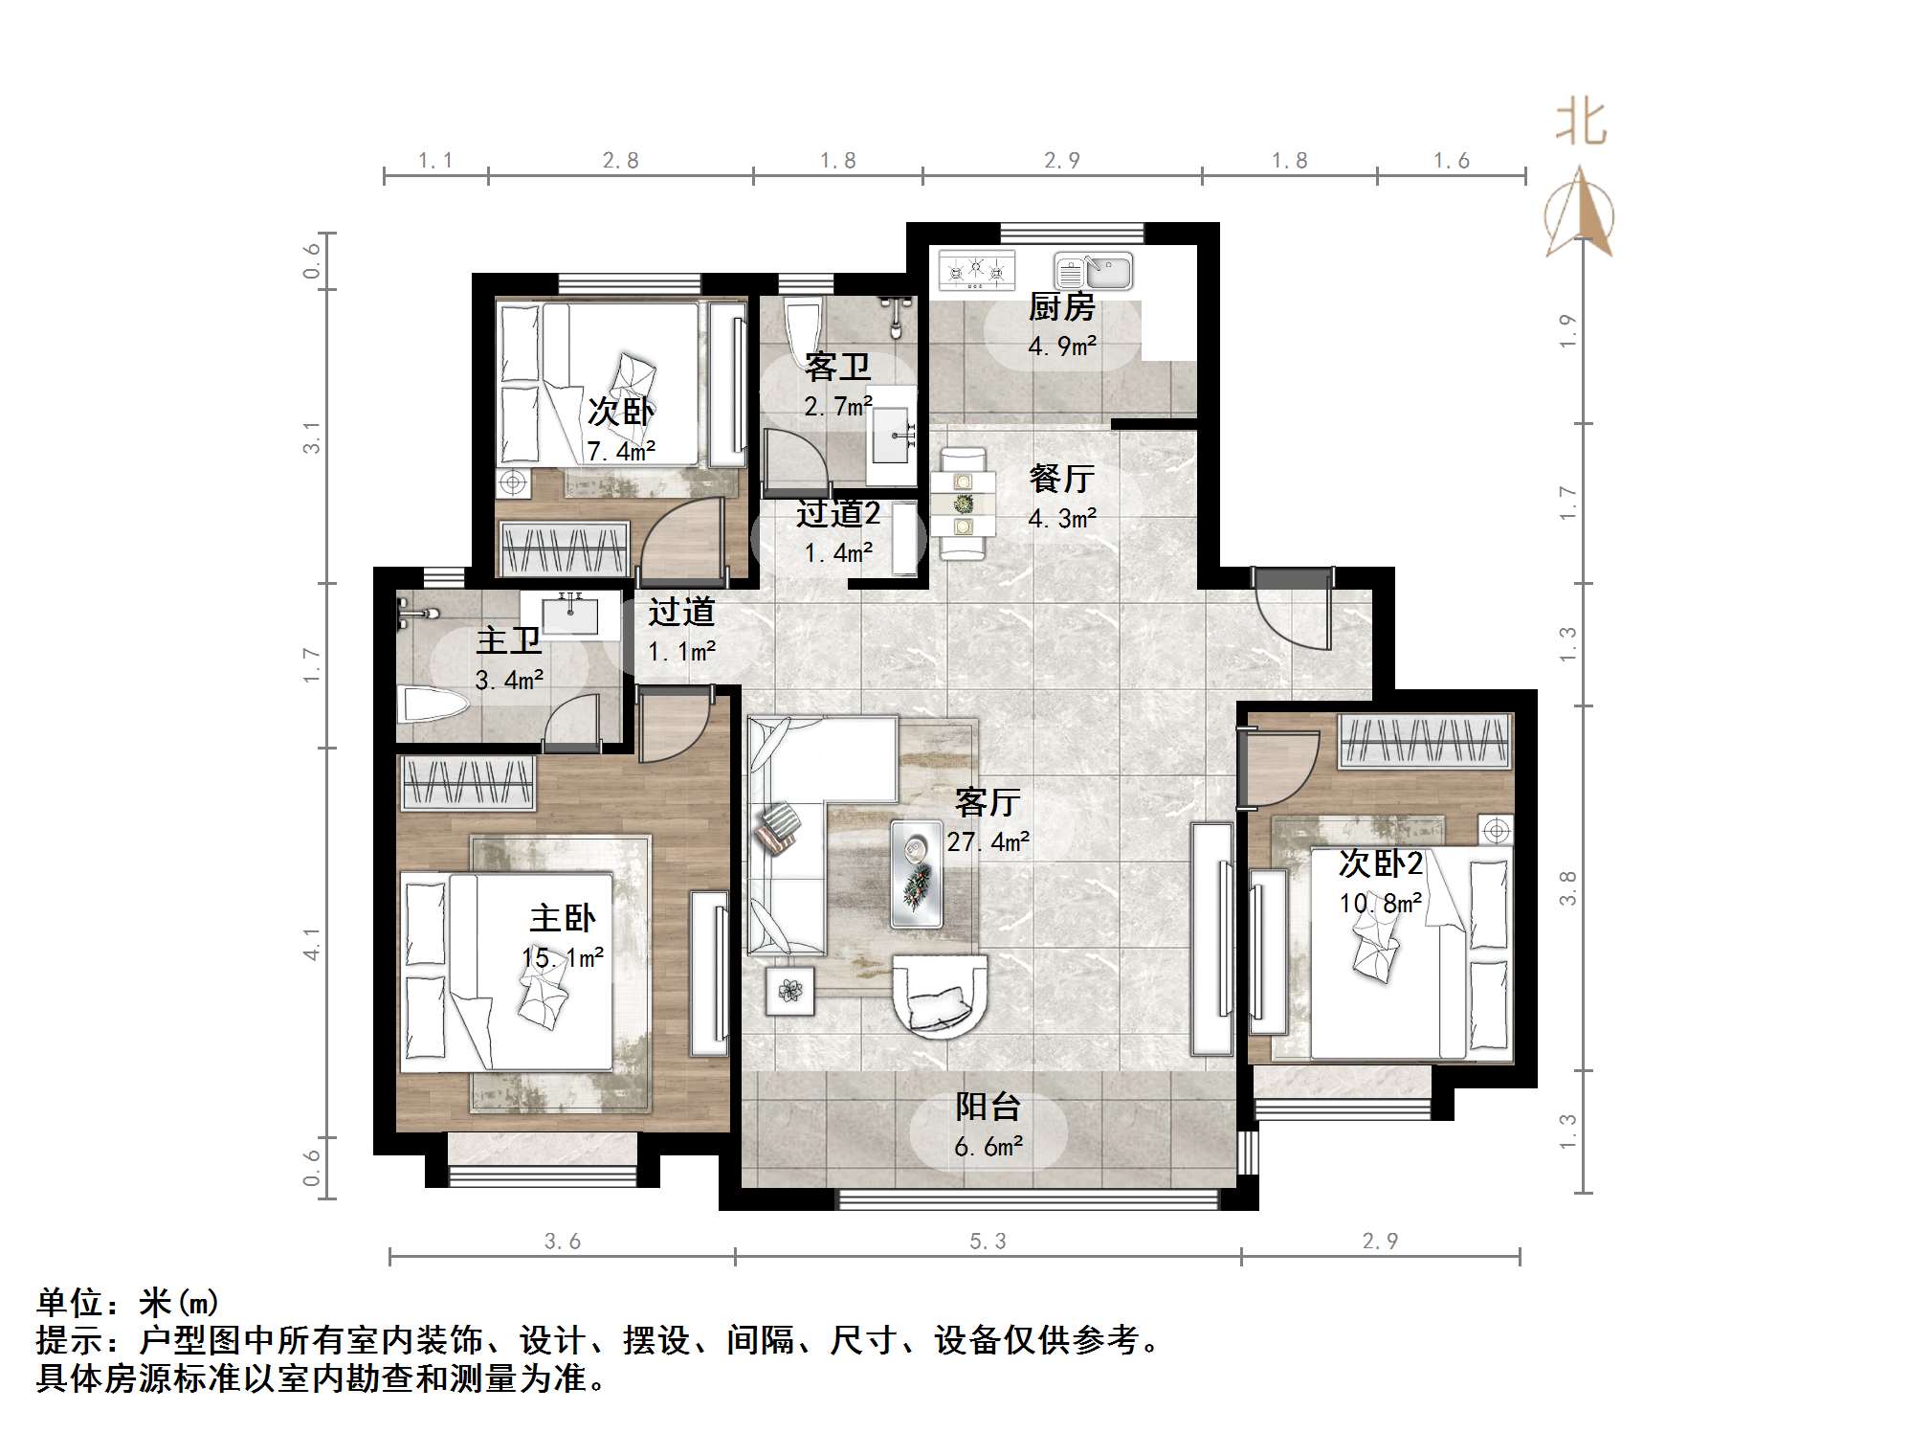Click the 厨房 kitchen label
click(x=1061, y=307)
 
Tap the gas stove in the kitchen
click(x=976, y=271)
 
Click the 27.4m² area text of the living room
click(x=988, y=841)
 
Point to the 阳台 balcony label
click(x=988, y=1107)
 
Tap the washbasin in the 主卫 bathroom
click(x=570, y=614)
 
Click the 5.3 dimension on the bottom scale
click(x=988, y=1242)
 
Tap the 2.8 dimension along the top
click(x=620, y=160)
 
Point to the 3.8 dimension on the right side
click(x=1567, y=887)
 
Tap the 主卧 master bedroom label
click(x=563, y=919)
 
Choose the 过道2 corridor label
click(x=838, y=514)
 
